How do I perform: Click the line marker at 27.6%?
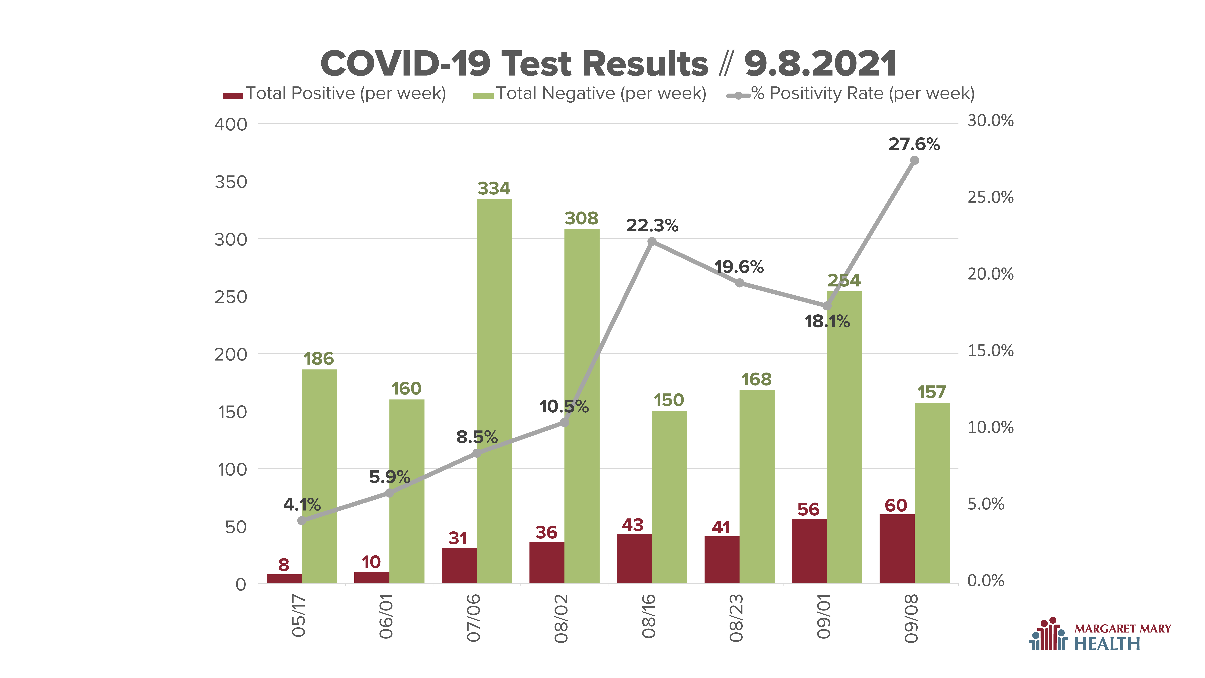tap(914, 160)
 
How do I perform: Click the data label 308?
tap(581, 218)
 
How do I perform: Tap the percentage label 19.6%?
tap(739, 267)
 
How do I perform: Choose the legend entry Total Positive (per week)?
tap(334, 94)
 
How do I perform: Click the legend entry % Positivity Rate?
tap(850, 94)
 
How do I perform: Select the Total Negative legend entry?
tap(589, 94)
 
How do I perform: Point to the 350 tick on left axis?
tap(231, 182)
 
